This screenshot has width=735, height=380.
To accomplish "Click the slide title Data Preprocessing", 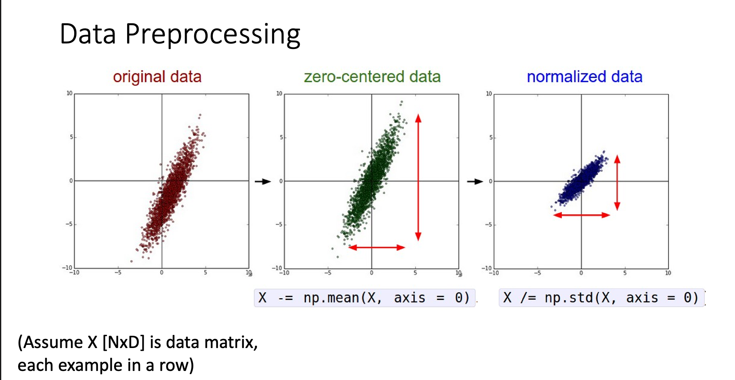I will (x=180, y=34).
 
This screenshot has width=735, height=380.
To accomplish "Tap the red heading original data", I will (x=157, y=77).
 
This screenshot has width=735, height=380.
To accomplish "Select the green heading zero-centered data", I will (x=372, y=77).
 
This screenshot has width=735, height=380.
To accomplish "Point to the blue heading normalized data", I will (x=584, y=77).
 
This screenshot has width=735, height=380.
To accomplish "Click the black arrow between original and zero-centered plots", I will (x=262, y=181).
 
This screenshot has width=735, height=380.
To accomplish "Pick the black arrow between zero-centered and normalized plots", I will (x=475, y=181).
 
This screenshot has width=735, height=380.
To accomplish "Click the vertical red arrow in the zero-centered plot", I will (x=418, y=177).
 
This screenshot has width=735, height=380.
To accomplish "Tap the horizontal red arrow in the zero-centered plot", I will (x=377, y=247).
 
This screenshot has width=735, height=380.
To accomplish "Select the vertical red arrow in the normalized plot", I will (x=617, y=182).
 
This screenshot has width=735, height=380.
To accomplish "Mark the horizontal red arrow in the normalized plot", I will (x=581, y=215).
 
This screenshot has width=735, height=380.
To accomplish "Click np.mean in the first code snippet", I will (x=330, y=298).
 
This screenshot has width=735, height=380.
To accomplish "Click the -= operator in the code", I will (x=285, y=298).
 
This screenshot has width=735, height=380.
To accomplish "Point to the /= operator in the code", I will (x=528, y=298).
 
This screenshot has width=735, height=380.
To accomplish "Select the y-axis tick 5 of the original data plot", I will (x=71, y=137).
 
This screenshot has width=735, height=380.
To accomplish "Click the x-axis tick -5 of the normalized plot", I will (x=537, y=273).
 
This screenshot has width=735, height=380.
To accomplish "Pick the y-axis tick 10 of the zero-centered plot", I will (x=279, y=94).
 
